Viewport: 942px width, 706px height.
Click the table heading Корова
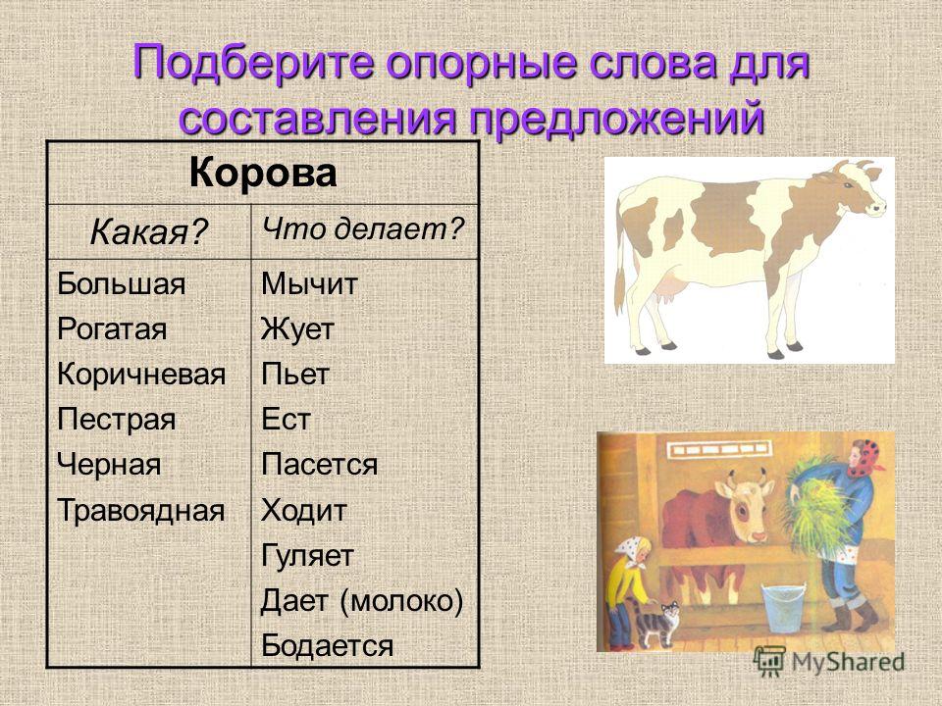pos(263,174)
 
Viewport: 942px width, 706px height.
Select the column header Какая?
pos(148,231)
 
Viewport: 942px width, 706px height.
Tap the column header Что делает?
pos(363,228)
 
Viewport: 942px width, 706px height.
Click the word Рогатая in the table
pos(112,329)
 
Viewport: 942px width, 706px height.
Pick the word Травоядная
pos(140,510)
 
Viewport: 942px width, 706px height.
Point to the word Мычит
pos(309,283)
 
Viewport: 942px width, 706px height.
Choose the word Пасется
pos(319,464)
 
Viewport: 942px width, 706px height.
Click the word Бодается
pos(327,645)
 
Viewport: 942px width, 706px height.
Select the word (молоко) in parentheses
pos(401,600)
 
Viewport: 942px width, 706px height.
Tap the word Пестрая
pos(116,419)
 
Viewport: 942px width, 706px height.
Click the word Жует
pos(297,329)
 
